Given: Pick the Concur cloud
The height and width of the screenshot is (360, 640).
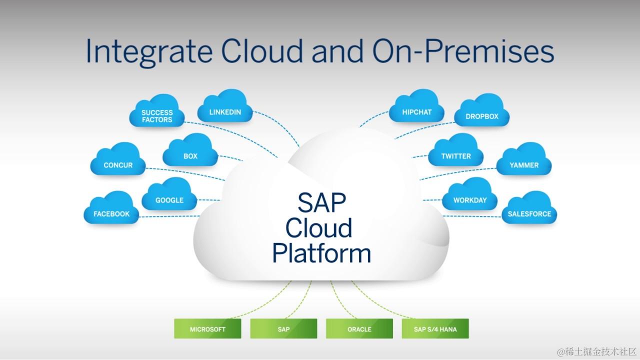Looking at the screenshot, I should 118,164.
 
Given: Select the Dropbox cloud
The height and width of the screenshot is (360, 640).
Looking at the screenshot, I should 482,116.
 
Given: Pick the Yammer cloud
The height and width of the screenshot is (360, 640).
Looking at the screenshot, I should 524,164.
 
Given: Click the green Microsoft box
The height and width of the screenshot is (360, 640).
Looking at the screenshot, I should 207,329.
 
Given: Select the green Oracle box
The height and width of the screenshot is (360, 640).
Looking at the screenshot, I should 359,329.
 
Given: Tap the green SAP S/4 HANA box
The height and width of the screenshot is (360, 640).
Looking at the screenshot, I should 435,329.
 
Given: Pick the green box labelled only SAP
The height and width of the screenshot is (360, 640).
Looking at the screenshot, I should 283,329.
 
